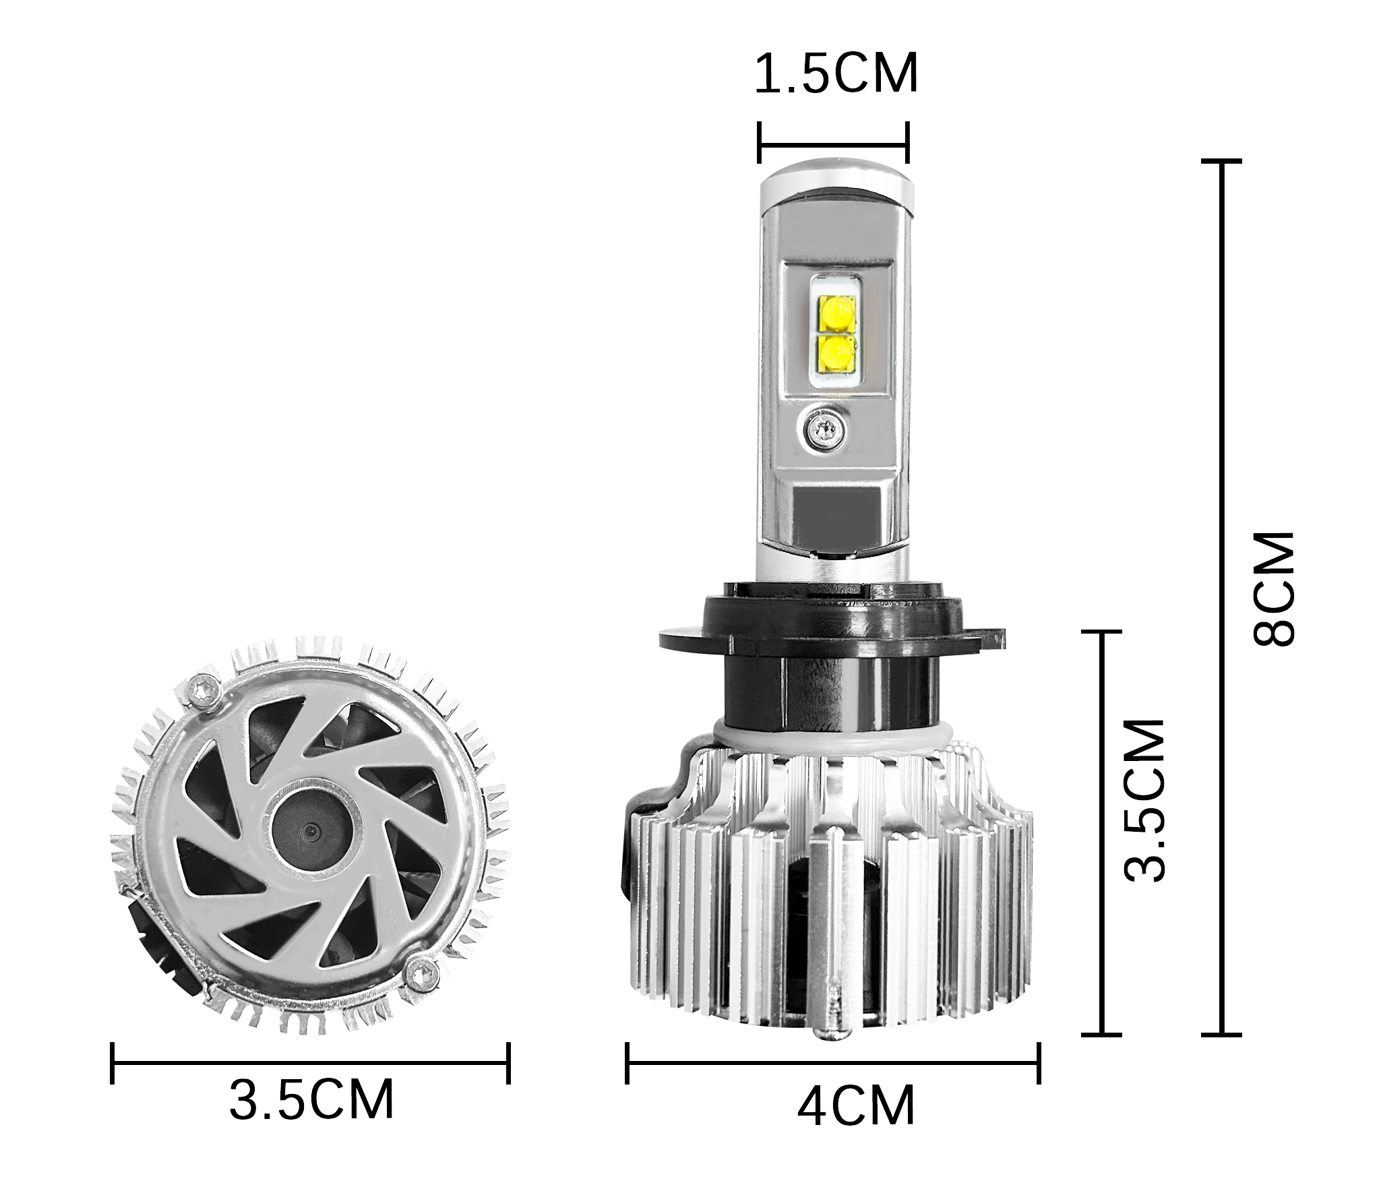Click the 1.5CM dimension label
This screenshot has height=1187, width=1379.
click(x=835, y=74)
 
